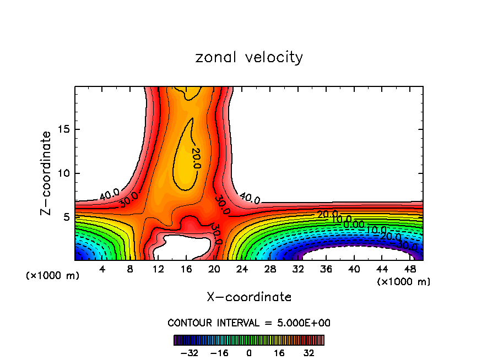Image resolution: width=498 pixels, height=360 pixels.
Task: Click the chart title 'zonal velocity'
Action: [x=249, y=57]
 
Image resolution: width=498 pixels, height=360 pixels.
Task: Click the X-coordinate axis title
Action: [x=249, y=297]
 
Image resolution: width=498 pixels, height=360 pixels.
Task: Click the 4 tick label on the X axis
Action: [x=102, y=269]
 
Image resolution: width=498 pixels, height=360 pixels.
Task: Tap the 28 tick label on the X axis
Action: [x=270, y=269]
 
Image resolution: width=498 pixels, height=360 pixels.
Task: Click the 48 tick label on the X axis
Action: [x=410, y=269]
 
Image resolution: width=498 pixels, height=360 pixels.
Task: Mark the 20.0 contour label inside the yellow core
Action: [x=196, y=158]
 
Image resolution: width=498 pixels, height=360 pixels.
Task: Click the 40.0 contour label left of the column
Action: [x=109, y=194]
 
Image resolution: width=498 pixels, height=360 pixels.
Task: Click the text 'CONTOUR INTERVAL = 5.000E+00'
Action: [x=249, y=323]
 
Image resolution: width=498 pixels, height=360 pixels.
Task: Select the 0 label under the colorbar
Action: [x=249, y=352]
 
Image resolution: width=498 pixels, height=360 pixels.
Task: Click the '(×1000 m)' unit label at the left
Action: [x=53, y=276]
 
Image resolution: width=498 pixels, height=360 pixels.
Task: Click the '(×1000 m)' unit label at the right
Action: [x=404, y=282]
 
